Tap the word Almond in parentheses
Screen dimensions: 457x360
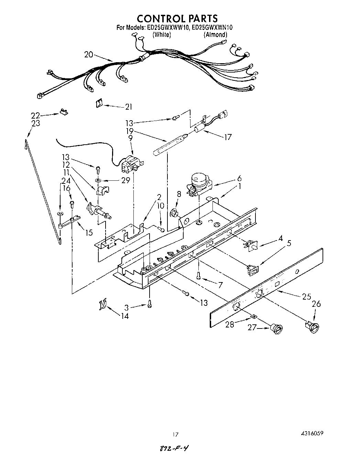[215, 34]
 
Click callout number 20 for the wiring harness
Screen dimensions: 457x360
[88, 54]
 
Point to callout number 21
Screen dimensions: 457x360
[128, 107]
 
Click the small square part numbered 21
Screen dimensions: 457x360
[99, 103]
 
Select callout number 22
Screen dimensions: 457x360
[35, 115]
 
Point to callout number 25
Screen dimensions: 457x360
[306, 297]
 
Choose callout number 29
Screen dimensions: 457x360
[126, 180]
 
